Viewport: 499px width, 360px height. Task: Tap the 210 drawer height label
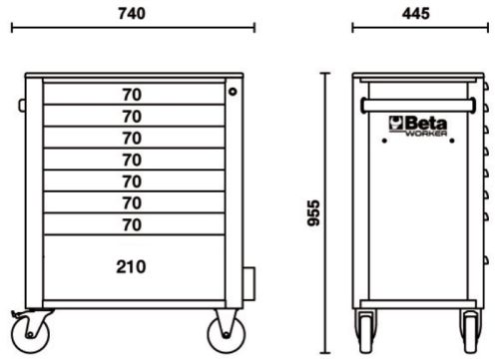click(x=131, y=266)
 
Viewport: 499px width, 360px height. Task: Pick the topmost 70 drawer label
click(x=131, y=95)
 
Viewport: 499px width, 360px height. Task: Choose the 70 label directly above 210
click(x=131, y=225)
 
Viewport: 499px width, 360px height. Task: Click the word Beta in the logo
click(x=427, y=123)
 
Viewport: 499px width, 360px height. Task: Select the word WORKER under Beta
click(x=430, y=133)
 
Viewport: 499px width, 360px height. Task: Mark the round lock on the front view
click(x=233, y=92)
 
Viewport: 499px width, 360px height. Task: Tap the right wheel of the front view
click(x=223, y=327)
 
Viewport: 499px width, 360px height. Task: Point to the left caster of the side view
click(x=364, y=326)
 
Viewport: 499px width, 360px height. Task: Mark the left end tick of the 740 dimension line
click(x=12, y=28)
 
